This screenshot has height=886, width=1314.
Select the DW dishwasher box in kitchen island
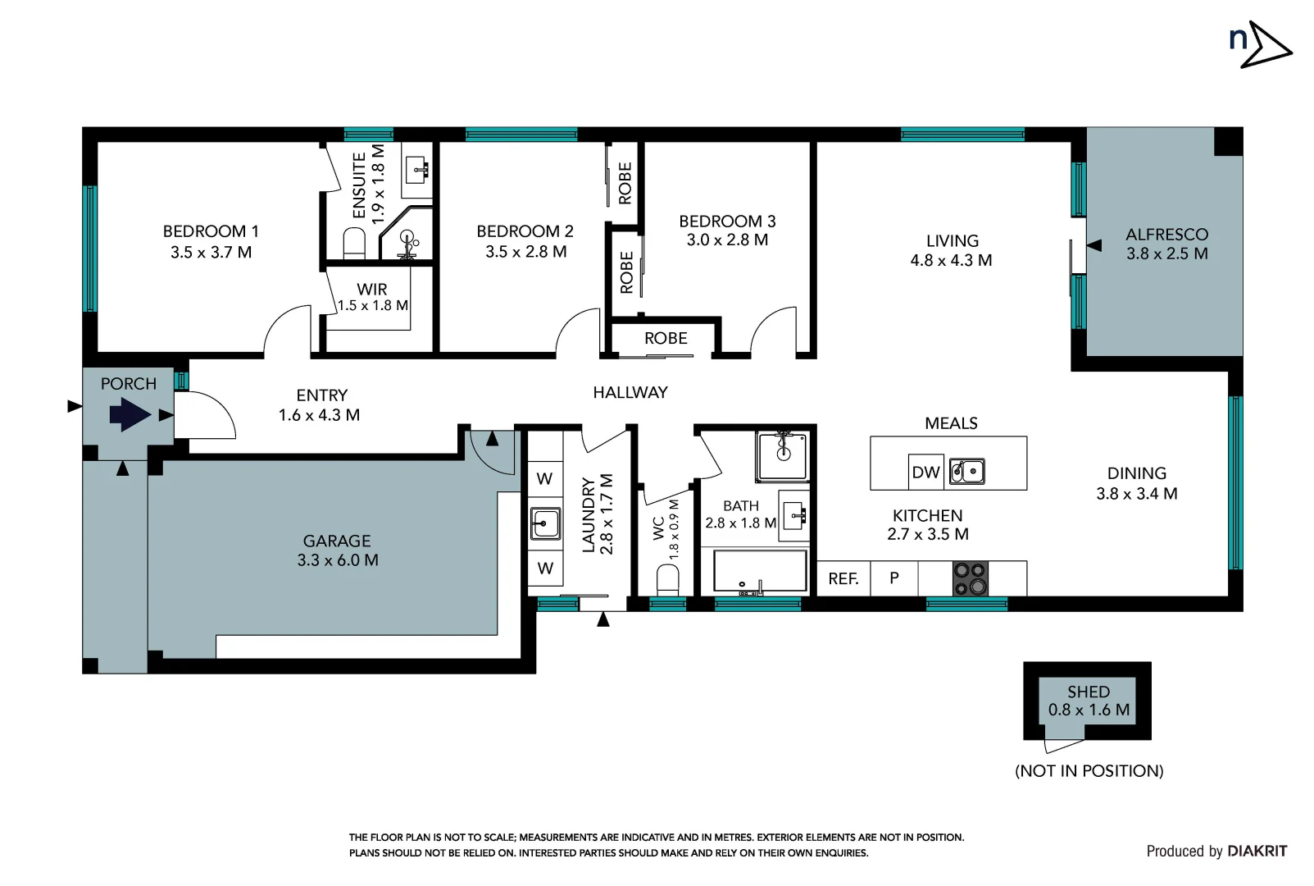925,472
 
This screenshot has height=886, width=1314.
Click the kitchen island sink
966,472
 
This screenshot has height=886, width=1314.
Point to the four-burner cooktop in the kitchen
970,578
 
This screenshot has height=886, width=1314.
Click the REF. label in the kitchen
843,578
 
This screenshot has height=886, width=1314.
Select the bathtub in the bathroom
759,571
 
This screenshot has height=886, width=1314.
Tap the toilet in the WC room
668,579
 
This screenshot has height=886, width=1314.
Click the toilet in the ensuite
354,244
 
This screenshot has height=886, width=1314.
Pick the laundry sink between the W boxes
545,523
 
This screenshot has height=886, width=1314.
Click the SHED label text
1088,692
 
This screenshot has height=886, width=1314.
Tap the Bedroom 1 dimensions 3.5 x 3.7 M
211,253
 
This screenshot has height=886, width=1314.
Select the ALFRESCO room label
1166,235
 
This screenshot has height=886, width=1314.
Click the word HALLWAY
630,393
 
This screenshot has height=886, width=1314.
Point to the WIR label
371,289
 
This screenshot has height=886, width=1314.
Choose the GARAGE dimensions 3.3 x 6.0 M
337,560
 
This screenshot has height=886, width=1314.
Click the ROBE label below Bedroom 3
665,338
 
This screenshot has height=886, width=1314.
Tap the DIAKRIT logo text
1257,851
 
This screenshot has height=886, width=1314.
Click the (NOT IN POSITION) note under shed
1089,770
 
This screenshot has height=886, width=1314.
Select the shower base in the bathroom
782,456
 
